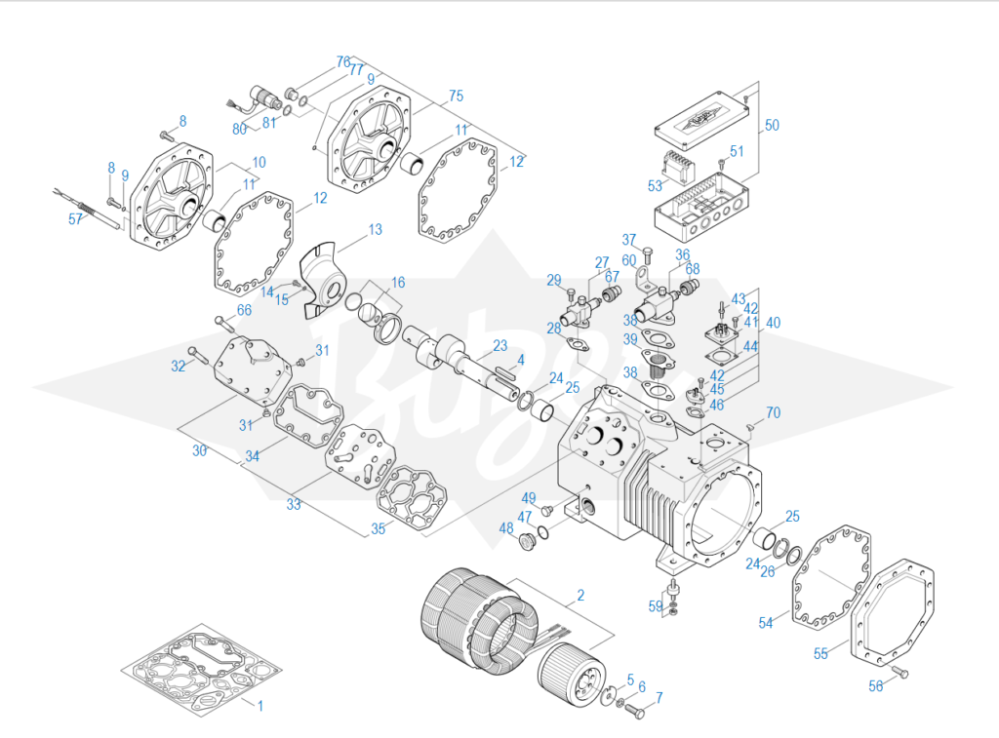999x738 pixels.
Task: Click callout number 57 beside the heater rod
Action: click(76, 219)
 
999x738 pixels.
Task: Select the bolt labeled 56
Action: click(899, 672)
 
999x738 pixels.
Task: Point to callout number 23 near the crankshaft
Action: click(499, 345)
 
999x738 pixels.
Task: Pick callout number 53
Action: click(655, 185)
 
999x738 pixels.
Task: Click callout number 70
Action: click(773, 412)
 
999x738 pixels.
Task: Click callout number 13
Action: click(375, 230)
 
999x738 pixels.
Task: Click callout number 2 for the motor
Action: click(580, 594)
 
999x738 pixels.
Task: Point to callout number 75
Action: click(456, 97)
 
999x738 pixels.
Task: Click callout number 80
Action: click(239, 129)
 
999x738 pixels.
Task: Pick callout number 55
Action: click(820, 653)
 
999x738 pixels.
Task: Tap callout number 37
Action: click(629, 240)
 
